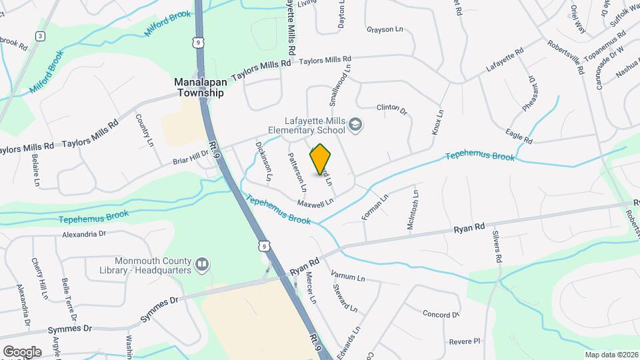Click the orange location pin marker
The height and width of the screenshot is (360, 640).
(x=321, y=159)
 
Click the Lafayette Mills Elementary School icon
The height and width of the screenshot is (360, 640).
(x=356, y=124)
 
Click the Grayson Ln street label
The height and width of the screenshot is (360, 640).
(x=386, y=29)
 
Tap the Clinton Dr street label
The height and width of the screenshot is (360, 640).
(x=392, y=108)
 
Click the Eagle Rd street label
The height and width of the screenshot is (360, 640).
(x=519, y=137)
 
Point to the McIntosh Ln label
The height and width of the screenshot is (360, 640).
(x=413, y=212)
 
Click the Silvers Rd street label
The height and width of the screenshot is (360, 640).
(x=497, y=248)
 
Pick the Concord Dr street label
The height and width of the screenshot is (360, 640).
(x=441, y=313)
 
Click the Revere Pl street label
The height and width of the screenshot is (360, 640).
(x=464, y=341)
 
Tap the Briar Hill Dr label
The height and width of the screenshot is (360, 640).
(x=191, y=157)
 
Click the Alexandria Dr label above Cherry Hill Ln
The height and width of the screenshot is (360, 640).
(x=84, y=234)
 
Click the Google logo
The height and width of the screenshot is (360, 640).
(x=22, y=351)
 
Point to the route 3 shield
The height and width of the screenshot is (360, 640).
(x=41, y=36)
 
